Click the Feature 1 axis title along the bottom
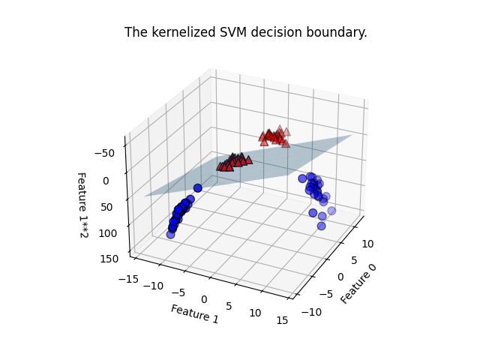[x=194, y=314]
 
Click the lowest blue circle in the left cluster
[x=171, y=234]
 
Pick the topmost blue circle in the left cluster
[x=197, y=188]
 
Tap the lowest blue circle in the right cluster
[x=322, y=226]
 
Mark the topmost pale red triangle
[x=280, y=129]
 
